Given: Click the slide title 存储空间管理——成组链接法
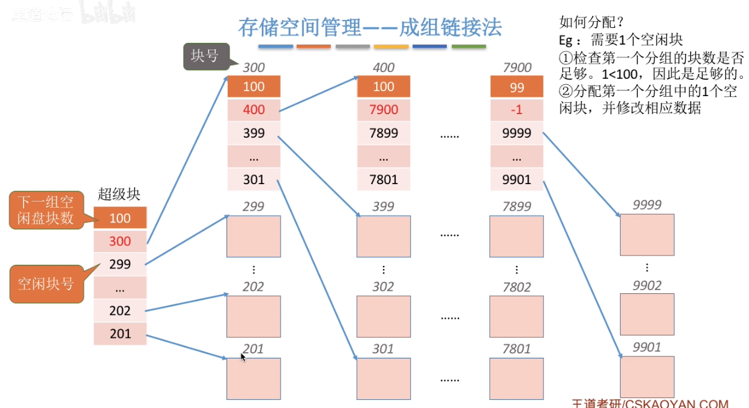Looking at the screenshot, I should click(370, 27).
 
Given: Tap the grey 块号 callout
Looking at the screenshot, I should click(205, 56).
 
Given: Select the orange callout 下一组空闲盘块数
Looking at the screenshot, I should click(45, 210).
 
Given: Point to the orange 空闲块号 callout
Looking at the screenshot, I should click(46, 284).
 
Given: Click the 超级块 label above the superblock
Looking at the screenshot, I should click(119, 194).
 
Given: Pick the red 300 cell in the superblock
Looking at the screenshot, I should click(120, 241).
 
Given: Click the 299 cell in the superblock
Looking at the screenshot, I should click(120, 264).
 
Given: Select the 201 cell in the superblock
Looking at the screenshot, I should click(120, 334).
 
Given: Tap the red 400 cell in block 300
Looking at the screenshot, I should click(254, 110).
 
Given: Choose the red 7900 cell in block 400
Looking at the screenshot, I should click(383, 110).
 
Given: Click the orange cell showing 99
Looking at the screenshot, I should click(517, 87).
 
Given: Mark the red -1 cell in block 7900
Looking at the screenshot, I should click(517, 110).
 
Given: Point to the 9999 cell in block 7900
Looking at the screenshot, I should click(517, 133).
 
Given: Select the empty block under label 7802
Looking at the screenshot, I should click(516, 316).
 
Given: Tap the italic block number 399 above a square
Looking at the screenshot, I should click(383, 206).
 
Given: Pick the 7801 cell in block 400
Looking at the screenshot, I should click(383, 180).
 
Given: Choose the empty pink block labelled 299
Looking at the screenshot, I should click(253, 236).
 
